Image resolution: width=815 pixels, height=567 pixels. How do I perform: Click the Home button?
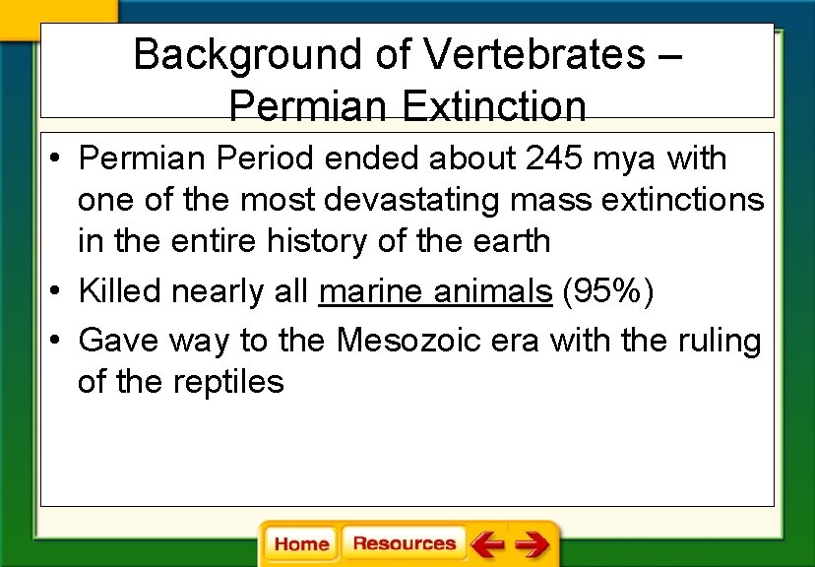pos(301,544)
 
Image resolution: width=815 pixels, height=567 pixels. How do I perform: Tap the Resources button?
pos(404,543)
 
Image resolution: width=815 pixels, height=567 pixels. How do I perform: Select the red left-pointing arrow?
pos(486,544)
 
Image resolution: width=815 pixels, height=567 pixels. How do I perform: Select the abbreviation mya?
pos(619,158)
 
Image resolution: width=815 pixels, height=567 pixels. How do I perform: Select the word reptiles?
pos(227,382)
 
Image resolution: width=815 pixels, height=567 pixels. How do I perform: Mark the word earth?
pos(508,241)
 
